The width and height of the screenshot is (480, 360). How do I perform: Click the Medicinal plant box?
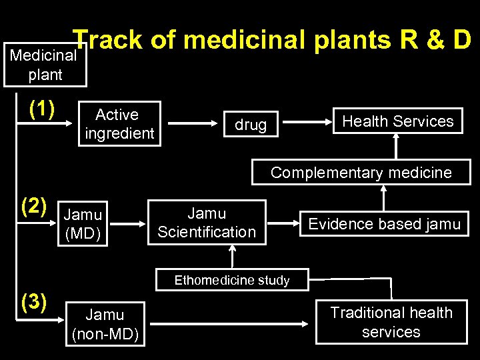(x=45, y=65)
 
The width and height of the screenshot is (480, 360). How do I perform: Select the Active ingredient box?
(x=119, y=123)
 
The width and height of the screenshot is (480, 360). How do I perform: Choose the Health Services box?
(x=397, y=121)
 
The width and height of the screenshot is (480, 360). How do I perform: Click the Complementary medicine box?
(x=361, y=173)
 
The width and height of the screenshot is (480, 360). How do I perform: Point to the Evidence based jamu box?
(x=384, y=224)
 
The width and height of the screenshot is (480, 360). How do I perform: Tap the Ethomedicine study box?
(x=232, y=280)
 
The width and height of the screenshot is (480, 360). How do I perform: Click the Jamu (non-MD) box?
(x=105, y=324)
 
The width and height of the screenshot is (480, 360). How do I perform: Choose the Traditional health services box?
(x=391, y=323)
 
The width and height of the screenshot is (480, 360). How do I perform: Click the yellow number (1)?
(x=41, y=108)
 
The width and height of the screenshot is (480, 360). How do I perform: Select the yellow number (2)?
(x=34, y=206)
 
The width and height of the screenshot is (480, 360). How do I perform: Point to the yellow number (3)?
(x=34, y=302)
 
